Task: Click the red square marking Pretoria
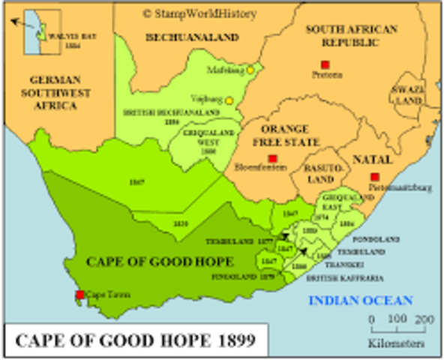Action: click(324, 64)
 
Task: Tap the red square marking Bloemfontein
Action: click(272, 159)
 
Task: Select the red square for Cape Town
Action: click(81, 295)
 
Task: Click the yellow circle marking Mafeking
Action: click(250, 70)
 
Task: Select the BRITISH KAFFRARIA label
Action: click(333, 277)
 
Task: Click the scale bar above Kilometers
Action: click(403, 321)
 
